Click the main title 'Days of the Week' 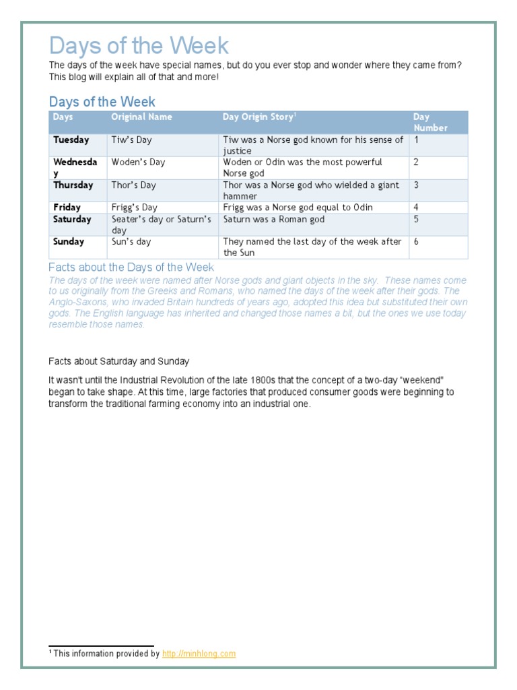point(139,46)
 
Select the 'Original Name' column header point(141,117)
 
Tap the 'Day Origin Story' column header point(259,117)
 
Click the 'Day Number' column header point(430,122)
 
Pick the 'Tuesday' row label point(71,140)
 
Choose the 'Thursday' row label point(73,185)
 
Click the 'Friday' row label point(67,208)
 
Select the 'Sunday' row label point(69,242)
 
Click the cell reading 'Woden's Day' point(138,162)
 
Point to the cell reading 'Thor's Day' point(133,185)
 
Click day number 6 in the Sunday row point(416,242)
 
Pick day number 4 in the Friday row point(416,208)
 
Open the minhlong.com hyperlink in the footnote point(199,654)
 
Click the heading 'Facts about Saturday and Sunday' point(119,362)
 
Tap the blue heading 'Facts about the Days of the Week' point(131,268)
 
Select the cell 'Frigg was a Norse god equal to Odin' point(298,208)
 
